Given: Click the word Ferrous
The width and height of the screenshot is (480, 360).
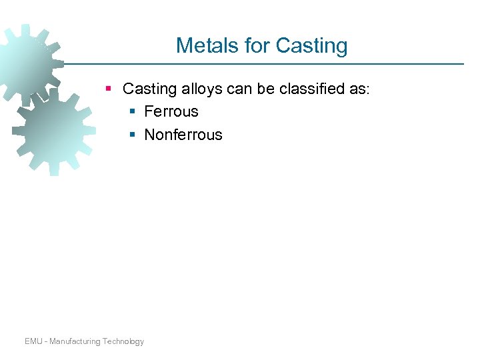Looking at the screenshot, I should coord(171,112).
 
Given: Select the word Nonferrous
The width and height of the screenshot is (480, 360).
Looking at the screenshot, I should coord(183,135).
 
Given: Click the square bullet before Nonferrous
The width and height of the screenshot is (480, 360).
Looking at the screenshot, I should coord(132,135).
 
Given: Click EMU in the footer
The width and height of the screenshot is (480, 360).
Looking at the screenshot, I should coord(34,341).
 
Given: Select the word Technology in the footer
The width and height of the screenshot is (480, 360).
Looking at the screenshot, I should coord(123,341).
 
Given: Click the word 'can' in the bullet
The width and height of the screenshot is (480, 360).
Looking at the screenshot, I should coord(242,89).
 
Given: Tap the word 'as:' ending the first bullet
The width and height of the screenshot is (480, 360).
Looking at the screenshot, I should coord(359,89).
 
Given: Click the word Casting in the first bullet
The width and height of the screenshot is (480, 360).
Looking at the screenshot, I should coord(150,89).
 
